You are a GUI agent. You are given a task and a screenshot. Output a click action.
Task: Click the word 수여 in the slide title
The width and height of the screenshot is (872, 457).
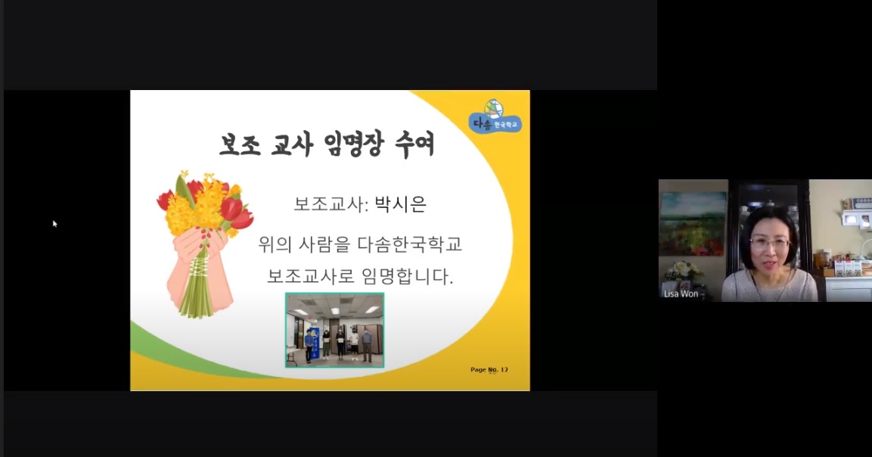tap(414, 145)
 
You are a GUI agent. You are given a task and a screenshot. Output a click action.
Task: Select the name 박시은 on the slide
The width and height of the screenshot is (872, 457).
tap(400, 204)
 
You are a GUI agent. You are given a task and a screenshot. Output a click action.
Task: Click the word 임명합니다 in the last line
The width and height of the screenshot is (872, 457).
tap(408, 276)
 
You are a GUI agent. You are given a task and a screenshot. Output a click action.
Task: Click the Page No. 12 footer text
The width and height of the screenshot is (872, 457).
tap(489, 369)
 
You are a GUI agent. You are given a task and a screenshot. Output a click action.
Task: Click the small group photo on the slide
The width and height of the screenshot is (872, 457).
tap(335, 330)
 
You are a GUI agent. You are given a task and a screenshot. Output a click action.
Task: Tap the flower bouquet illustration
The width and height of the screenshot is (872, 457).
tap(205, 243)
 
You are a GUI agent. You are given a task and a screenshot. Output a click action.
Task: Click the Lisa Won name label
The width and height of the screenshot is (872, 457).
tap(681, 294)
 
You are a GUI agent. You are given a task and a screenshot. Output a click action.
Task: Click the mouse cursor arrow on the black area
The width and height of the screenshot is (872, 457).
tap(55, 223)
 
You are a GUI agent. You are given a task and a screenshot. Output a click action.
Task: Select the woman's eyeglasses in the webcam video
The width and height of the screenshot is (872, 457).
tap(770, 243)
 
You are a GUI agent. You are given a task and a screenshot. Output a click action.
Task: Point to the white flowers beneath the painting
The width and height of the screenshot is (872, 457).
tap(684, 271)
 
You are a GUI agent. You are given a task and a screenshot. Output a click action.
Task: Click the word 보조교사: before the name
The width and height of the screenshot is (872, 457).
tap(331, 204)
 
